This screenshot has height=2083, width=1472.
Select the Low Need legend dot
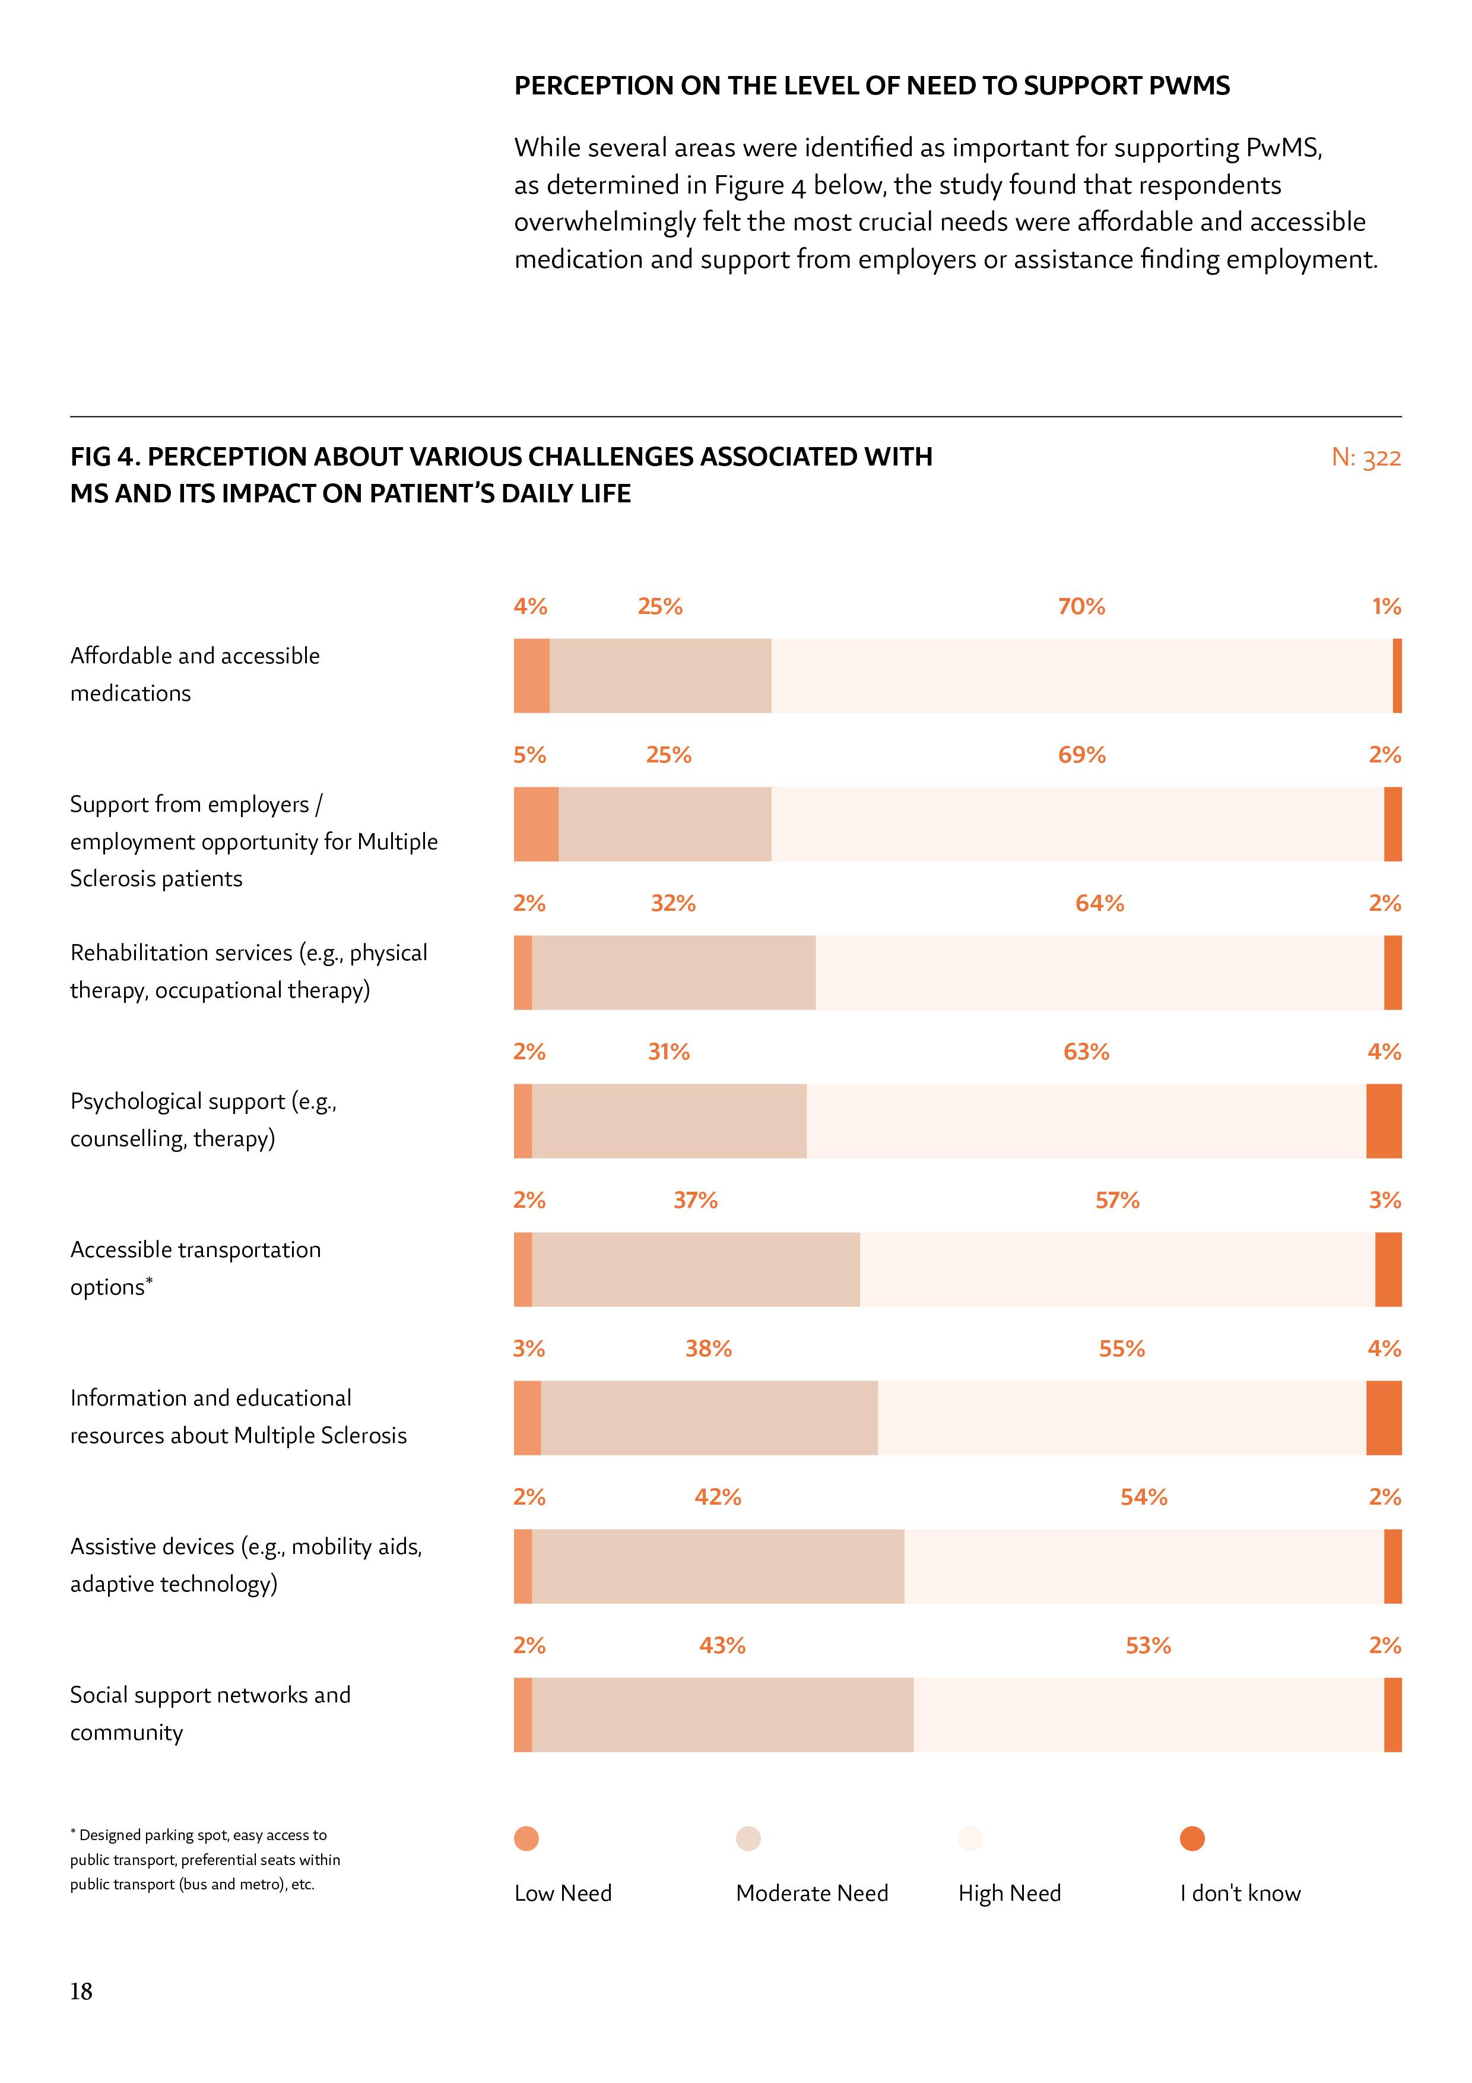click(526, 1838)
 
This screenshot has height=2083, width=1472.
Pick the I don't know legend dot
click(1192, 1838)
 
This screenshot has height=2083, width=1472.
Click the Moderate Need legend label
click(812, 1894)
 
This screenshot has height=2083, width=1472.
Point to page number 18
click(82, 2016)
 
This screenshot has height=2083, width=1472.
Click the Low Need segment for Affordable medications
click(531, 675)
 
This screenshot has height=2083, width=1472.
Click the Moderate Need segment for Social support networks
click(723, 1715)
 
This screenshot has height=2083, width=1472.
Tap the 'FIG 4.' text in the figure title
click(104, 457)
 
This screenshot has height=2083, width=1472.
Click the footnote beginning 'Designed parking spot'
click(205, 1859)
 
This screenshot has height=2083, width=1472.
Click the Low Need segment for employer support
click(536, 824)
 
